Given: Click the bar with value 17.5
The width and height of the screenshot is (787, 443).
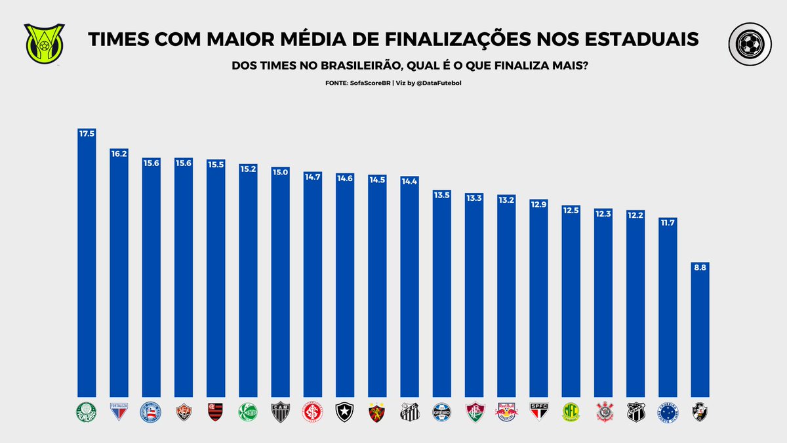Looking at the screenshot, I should [x=87, y=263].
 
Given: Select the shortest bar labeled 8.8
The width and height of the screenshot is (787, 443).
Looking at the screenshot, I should [x=700, y=328].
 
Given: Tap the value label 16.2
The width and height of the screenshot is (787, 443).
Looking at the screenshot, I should [x=119, y=154].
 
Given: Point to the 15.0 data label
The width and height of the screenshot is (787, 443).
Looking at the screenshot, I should [x=280, y=172].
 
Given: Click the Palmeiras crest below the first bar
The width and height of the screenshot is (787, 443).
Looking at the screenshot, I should [x=87, y=412].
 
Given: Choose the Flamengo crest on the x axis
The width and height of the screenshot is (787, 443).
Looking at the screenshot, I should [x=216, y=412].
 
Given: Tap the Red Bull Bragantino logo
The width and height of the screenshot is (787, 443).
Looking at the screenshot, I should [x=506, y=412].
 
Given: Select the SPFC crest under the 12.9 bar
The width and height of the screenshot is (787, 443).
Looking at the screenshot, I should [x=538, y=412].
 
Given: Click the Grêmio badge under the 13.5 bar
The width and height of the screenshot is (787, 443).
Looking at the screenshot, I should [x=441, y=412].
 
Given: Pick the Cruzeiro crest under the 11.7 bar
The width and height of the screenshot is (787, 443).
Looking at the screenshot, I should [x=668, y=412].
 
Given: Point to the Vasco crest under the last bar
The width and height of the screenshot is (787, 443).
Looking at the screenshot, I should [x=700, y=412].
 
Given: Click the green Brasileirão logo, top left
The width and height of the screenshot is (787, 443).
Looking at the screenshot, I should [x=45, y=41].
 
